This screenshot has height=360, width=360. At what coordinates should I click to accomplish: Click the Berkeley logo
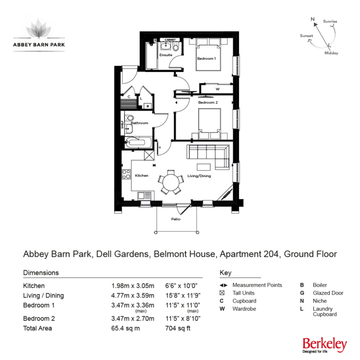coord(324,344)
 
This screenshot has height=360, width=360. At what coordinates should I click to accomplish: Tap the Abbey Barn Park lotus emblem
coord(39,28)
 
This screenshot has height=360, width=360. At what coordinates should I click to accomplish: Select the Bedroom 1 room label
coord(206,59)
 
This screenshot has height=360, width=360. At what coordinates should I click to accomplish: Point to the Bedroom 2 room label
coord(207,102)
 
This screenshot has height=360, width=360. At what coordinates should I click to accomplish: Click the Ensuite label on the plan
coord(165,55)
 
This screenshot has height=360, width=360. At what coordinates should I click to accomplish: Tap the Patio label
coord(175,219)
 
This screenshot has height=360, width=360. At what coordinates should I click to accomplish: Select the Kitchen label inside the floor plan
coord(142,175)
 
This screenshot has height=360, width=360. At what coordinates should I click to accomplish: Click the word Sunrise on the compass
coord(330,21)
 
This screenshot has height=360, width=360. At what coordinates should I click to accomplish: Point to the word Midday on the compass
coord(331,52)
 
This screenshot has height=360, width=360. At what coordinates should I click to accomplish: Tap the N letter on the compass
coord(313,20)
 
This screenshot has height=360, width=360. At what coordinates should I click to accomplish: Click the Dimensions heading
coord(41,272)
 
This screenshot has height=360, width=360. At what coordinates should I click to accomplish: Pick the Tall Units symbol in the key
coord(223,293)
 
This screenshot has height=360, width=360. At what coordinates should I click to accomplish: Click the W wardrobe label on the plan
coord(217,89)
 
